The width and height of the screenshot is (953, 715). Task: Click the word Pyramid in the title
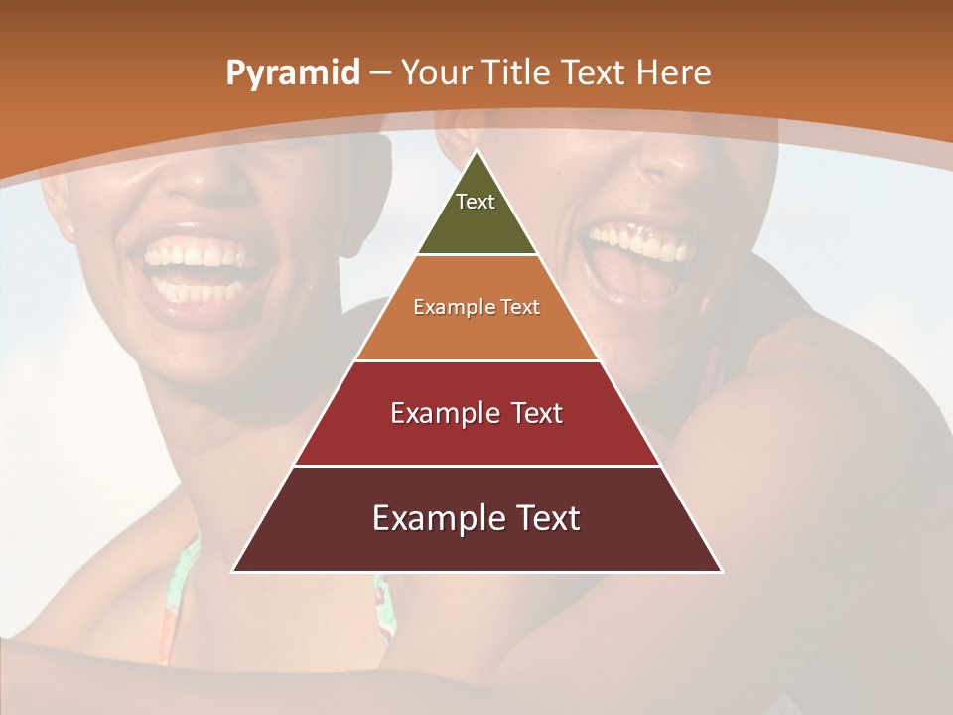293,73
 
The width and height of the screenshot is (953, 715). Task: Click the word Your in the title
436,73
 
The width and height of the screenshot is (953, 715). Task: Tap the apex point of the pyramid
477,151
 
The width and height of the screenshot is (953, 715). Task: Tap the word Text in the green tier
476,202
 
